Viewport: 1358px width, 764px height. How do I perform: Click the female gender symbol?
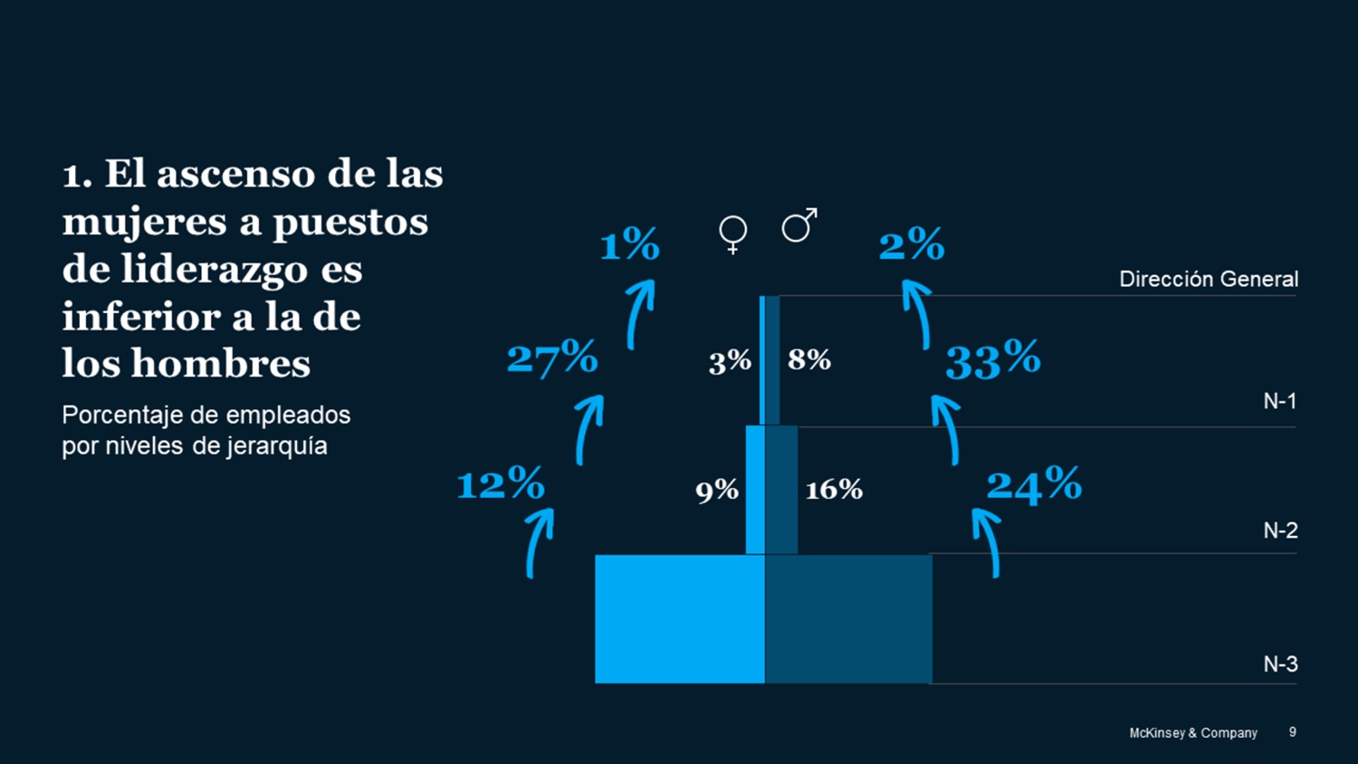[x=732, y=234]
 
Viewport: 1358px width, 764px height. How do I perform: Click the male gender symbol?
[x=799, y=225]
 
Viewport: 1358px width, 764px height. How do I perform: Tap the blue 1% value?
[x=630, y=244]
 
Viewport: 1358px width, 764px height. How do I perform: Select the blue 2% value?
[x=912, y=244]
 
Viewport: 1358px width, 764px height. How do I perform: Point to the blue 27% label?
[x=552, y=358]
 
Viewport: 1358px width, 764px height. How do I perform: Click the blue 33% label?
[x=993, y=359]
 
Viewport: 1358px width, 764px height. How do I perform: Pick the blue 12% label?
[x=501, y=483]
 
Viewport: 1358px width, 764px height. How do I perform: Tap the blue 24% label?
[x=1034, y=484]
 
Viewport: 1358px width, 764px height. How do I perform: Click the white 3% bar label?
[x=730, y=362]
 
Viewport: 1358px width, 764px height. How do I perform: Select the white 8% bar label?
[x=809, y=360]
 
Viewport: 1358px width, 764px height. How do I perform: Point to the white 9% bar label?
[x=717, y=491]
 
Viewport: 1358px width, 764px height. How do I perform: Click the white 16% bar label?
[x=834, y=490]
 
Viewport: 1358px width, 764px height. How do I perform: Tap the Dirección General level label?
[x=1209, y=279]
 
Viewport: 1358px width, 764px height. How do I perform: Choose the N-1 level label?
[x=1279, y=401]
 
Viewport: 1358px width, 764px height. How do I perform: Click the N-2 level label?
[x=1280, y=530]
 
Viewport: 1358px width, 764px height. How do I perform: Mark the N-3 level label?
[x=1280, y=664]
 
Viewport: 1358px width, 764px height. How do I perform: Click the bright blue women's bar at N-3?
[x=679, y=619]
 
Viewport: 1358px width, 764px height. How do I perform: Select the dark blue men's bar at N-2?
[x=781, y=490]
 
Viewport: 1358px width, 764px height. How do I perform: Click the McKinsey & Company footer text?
[x=1192, y=733]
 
